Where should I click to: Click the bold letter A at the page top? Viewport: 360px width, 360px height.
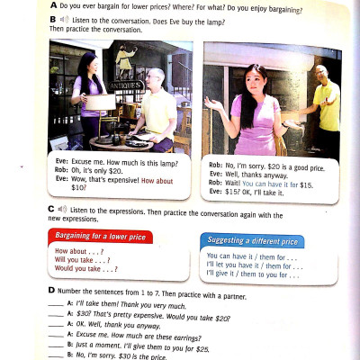coord(54,8)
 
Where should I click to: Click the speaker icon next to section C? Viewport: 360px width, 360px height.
coord(62,209)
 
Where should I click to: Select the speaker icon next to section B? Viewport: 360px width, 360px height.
coord(64,19)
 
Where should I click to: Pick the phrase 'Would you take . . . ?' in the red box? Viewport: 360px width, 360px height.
coord(85,269)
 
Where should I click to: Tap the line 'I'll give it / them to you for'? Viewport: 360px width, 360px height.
coord(254,274)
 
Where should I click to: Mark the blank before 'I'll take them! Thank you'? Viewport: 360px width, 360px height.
coord(56,306)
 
